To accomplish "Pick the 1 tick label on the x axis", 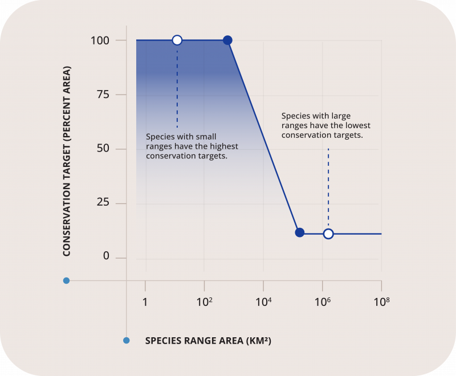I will pyautogui.click(x=145, y=301).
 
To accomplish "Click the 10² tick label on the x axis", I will pyautogui.click(x=204, y=301).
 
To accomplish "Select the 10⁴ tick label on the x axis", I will pyautogui.click(x=263, y=301).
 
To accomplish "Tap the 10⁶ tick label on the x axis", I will pyautogui.click(x=322, y=301).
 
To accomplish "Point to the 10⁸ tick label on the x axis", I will pyautogui.click(x=381, y=301).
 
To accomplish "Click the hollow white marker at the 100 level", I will pyautogui.click(x=177, y=40).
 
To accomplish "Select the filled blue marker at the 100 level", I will pyautogui.click(x=227, y=40).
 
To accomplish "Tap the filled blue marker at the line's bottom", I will pyautogui.click(x=299, y=232).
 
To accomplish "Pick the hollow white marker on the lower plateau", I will pyautogui.click(x=328, y=234).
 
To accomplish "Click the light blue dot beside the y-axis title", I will pyautogui.click(x=66, y=280).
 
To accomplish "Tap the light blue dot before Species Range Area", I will pyautogui.click(x=127, y=341).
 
